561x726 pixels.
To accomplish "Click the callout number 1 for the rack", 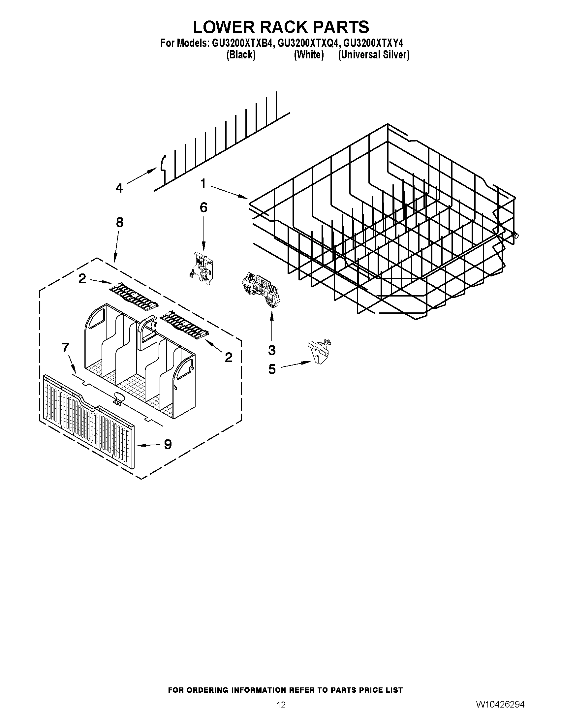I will pyautogui.click(x=203, y=183).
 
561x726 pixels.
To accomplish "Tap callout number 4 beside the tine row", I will pyautogui.click(x=119, y=188).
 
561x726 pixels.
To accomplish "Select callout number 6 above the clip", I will pyautogui.click(x=203, y=208).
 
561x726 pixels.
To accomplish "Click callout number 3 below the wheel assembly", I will pyautogui.click(x=272, y=350).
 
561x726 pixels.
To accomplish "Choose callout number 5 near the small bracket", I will pyautogui.click(x=272, y=369).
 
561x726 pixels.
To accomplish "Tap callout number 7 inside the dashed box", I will pyautogui.click(x=66, y=348).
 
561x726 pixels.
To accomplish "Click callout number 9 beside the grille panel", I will pyautogui.click(x=168, y=444).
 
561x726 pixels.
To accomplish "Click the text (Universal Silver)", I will pyautogui.click(x=374, y=55).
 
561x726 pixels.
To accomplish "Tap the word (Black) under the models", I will pyautogui.click(x=241, y=55).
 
